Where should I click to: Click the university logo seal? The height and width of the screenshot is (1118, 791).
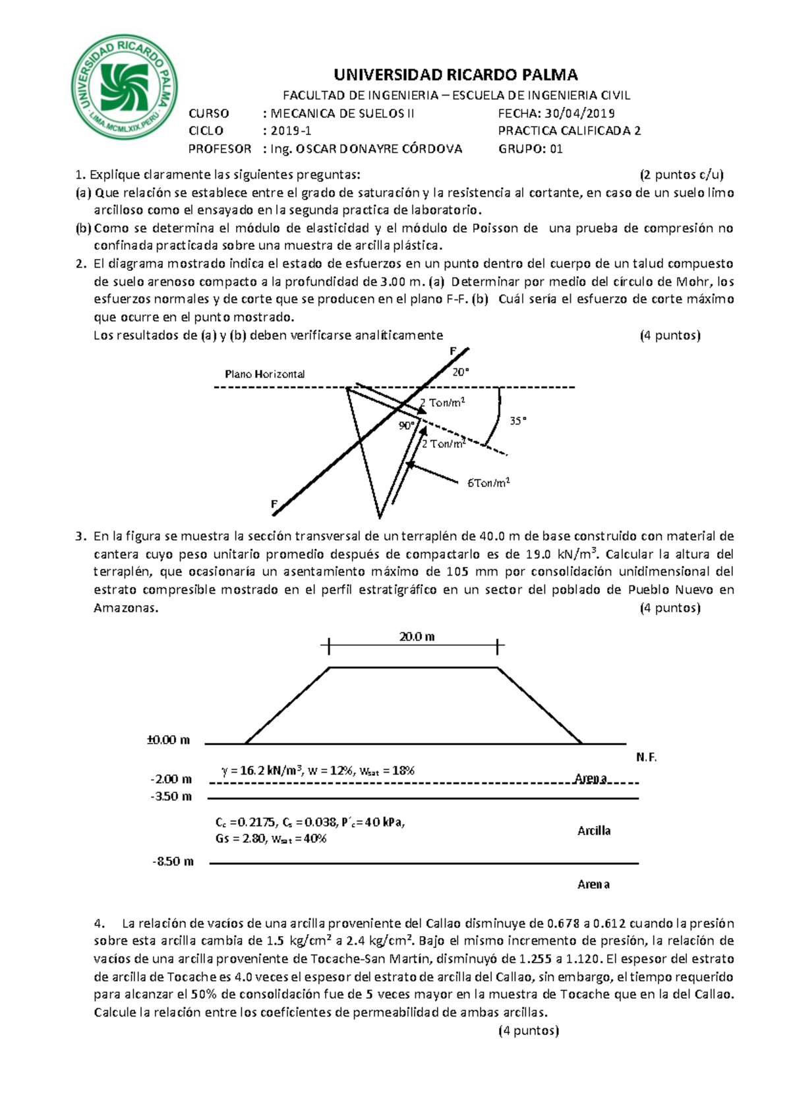tap(125, 87)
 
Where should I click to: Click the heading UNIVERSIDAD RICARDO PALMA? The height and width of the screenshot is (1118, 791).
tap(455, 74)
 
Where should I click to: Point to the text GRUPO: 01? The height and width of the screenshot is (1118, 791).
tap(530, 149)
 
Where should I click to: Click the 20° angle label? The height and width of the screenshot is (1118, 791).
tap(461, 372)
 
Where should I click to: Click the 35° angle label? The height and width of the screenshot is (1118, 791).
tap(518, 421)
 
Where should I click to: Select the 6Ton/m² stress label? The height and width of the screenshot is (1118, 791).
tap(488, 483)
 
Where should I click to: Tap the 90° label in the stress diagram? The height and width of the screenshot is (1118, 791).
tap(406, 426)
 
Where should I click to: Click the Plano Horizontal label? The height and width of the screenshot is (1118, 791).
tap(264, 374)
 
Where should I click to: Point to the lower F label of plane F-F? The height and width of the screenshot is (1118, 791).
tap(274, 504)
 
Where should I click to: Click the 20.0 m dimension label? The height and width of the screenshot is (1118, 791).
tap(417, 637)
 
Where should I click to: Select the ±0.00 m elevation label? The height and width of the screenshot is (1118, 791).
tap(168, 740)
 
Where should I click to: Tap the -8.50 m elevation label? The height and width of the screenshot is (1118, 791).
tap(173, 862)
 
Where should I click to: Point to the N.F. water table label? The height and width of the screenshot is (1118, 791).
tap(646, 757)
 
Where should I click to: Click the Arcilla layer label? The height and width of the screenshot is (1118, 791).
tap(594, 831)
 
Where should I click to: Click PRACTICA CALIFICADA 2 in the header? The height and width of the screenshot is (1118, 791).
tap(569, 131)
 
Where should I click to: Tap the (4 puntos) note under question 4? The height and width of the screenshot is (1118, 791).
tap(529, 1031)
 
